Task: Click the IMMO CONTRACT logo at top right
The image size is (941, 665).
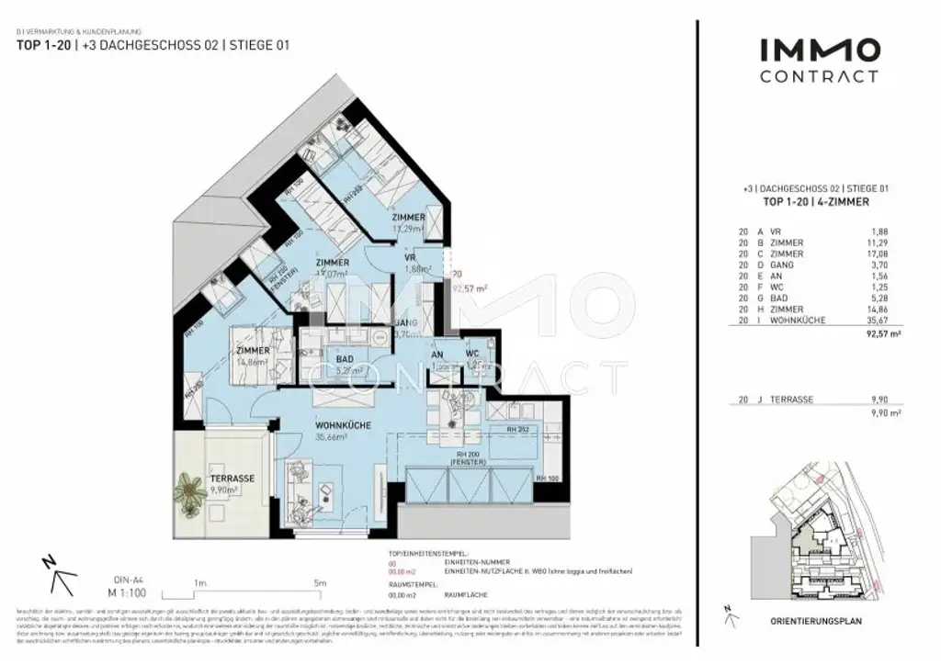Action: [819, 61]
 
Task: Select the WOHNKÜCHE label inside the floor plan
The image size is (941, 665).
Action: [344, 426]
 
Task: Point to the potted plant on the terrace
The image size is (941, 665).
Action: [190, 492]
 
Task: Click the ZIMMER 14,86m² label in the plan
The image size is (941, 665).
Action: [252, 356]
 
